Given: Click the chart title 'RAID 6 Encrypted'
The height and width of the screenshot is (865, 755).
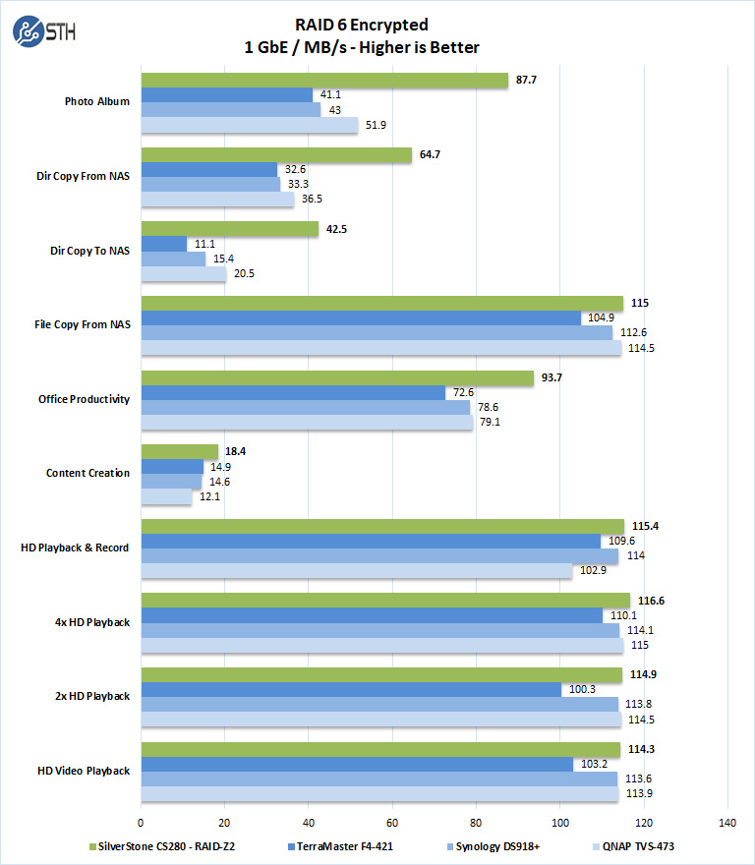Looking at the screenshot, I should [362, 25].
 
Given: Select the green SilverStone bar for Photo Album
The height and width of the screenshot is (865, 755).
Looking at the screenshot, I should [324, 81].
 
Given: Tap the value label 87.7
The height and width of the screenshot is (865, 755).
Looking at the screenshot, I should [526, 81].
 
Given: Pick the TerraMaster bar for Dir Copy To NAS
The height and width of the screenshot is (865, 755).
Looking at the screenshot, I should [164, 244].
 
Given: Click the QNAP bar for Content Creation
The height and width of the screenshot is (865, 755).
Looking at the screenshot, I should [166, 497].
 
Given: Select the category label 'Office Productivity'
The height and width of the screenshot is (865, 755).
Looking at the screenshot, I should [84, 399].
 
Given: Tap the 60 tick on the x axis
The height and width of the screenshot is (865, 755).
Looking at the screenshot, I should [392, 822].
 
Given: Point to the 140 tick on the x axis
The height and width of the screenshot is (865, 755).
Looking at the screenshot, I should [727, 822].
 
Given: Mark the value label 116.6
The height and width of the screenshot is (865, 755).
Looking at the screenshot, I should [652, 601].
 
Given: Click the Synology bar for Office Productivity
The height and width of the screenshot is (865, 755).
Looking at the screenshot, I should [306, 407].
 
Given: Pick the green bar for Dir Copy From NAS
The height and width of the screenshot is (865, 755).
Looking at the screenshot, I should [276, 155].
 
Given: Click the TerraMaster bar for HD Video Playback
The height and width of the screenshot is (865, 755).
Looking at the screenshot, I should [357, 764].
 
